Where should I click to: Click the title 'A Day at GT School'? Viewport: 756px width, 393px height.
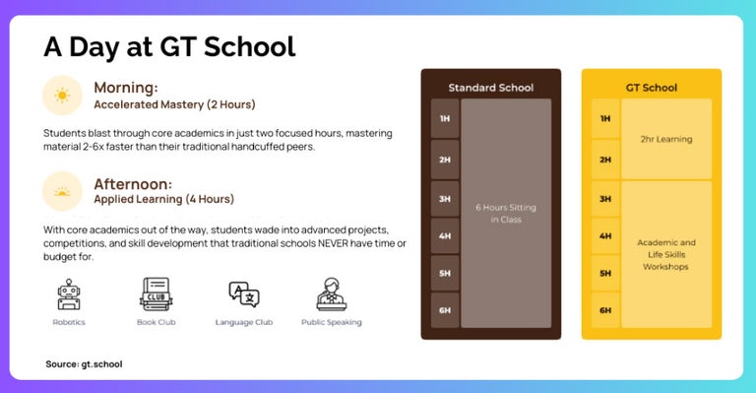pos(169,46)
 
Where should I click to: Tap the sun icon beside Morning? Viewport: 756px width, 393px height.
pos(62,96)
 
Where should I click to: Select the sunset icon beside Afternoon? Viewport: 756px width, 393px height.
pos(62,191)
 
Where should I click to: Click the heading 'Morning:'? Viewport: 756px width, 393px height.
pos(126,87)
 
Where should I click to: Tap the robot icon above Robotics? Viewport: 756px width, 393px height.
pos(69,295)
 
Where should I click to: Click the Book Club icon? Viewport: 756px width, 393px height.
pos(156,295)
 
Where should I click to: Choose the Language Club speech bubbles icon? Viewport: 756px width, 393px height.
pos(243,295)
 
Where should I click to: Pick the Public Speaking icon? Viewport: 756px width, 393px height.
pos(331,295)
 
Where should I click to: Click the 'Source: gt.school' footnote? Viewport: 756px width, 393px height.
pos(84,363)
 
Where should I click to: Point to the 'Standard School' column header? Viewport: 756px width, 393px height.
pos(490,88)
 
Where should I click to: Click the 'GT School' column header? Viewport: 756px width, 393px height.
pos(651,88)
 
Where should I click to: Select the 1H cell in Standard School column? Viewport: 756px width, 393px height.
pos(444,118)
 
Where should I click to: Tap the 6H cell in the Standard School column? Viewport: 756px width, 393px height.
pos(444,309)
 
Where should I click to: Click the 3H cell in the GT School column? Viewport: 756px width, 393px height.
pos(604,199)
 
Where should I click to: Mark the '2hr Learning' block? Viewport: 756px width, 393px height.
pos(665,139)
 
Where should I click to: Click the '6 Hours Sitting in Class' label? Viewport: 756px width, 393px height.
pos(506,213)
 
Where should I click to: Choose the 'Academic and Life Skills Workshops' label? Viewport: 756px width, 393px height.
pos(665,254)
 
